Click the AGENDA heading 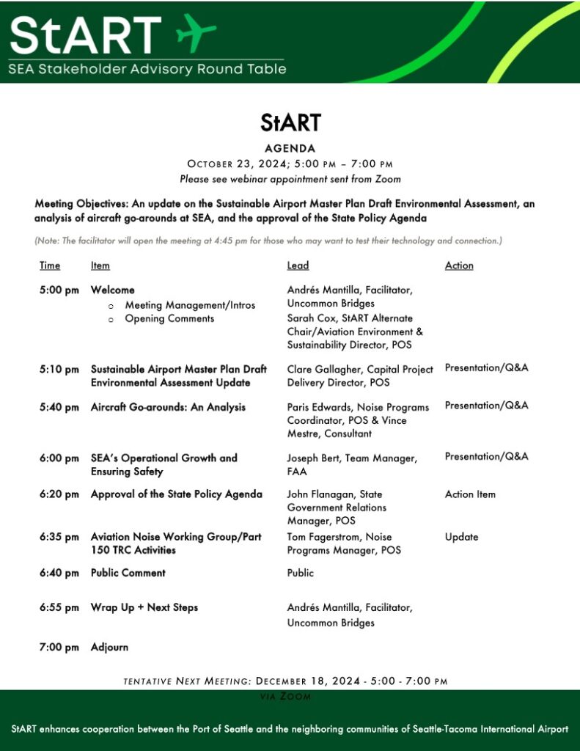[x=290, y=148]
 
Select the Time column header [x=50, y=265]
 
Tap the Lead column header [x=298, y=265]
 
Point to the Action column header [x=459, y=265]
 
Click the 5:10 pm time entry [x=59, y=370]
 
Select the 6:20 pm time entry [x=59, y=494]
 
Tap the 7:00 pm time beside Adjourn [x=59, y=648]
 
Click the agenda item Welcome [x=112, y=290]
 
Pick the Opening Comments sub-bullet [x=169, y=319]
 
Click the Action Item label [x=470, y=494]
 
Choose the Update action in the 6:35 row [x=461, y=538]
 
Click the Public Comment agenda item [x=128, y=573]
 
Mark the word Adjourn [x=109, y=648]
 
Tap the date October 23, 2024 [x=238, y=164]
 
